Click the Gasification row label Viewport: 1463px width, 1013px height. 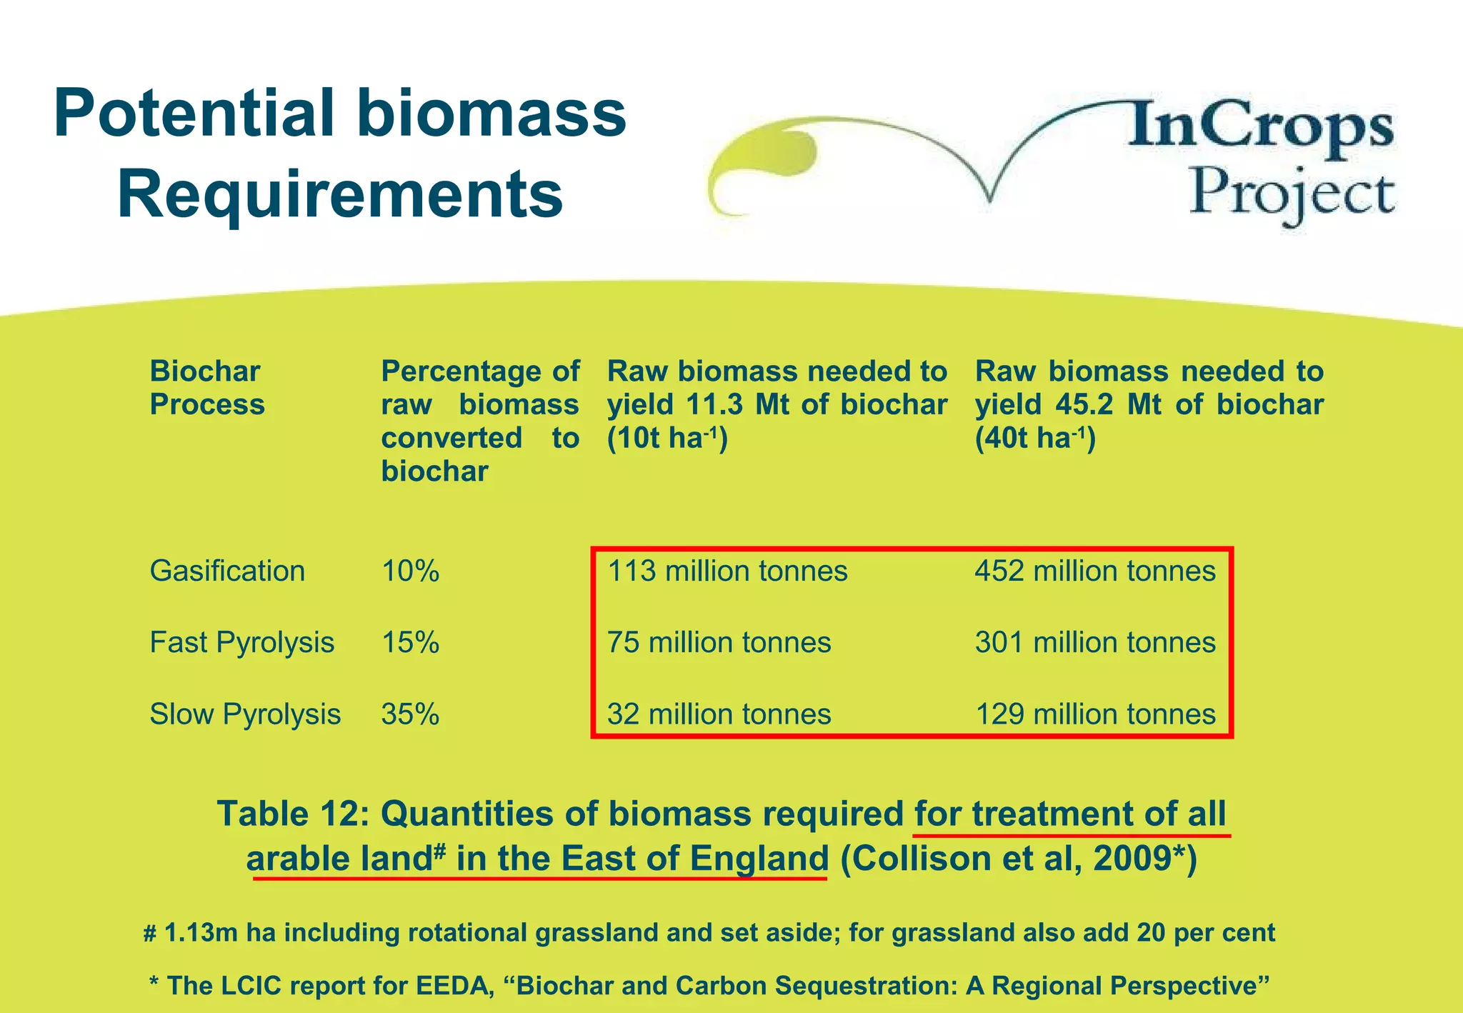tap(227, 571)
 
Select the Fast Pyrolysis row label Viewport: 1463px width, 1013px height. tap(241, 642)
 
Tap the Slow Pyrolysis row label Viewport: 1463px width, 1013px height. tap(245, 714)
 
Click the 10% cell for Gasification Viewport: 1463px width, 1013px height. tap(410, 571)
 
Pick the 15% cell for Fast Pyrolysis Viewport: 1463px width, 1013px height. tap(410, 642)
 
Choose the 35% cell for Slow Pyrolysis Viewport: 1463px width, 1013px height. tap(410, 714)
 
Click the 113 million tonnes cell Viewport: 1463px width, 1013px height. tap(727, 571)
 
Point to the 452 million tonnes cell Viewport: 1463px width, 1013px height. tap(1095, 571)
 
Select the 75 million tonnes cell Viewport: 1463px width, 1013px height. tap(719, 642)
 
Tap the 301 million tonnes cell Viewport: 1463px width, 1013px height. tap(1095, 642)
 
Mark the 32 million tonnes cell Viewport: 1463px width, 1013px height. tap(719, 714)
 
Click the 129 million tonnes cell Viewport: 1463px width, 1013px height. tap(1095, 714)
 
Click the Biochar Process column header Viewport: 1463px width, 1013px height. tap(206, 387)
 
